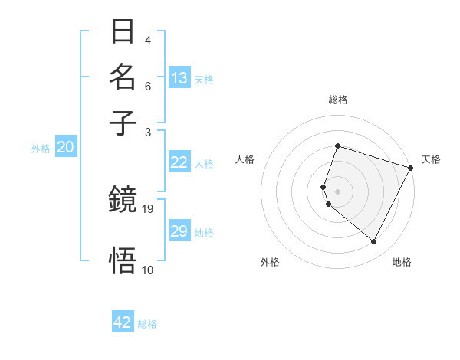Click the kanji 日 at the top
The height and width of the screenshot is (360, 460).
click(x=123, y=31)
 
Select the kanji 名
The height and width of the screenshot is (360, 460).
click(x=123, y=77)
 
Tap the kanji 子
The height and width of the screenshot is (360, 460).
click(x=123, y=123)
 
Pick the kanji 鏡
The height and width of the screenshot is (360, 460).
click(x=123, y=201)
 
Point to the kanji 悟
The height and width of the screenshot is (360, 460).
click(x=123, y=261)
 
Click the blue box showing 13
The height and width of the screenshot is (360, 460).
click(x=179, y=78)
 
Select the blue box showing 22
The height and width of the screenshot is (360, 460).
click(x=179, y=162)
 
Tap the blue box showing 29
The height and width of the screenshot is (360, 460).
click(x=179, y=231)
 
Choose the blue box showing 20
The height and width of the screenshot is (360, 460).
click(x=65, y=148)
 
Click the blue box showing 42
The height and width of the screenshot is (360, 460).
click(x=123, y=322)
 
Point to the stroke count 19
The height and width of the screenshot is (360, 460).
click(x=148, y=208)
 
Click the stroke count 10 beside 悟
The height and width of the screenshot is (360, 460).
click(x=148, y=269)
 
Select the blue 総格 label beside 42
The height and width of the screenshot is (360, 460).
click(x=147, y=324)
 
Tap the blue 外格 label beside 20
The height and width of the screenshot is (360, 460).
click(x=41, y=149)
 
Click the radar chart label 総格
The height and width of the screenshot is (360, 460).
click(x=337, y=100)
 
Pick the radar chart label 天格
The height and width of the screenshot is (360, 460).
click(x=431, y=159)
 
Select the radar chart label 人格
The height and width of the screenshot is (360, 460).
click(x=245, y=159)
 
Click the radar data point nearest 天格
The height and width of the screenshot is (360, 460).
click(x=411, y=168)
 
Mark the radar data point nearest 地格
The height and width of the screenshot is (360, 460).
click(x=374, y=242)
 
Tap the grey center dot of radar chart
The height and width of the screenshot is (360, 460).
click(x=337, y=191)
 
